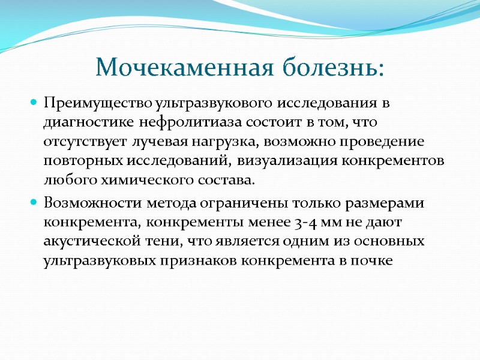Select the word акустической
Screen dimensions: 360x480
(x=88, y=242)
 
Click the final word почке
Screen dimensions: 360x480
(x=375, y=262)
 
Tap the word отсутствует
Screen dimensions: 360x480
(x=80, y=143)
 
